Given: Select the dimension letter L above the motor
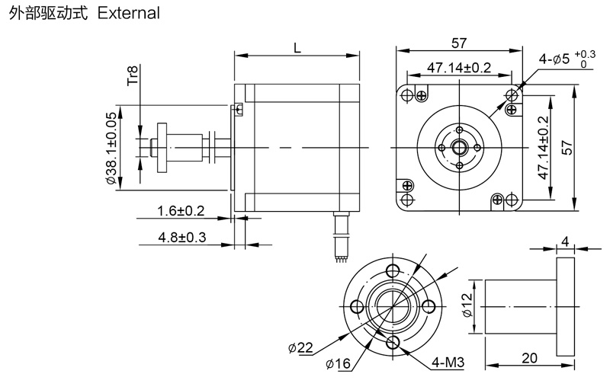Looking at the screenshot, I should [x=297, y=46].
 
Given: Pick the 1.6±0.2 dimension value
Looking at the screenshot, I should [x=181, y=209].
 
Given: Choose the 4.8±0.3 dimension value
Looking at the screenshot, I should [x=182, y=237].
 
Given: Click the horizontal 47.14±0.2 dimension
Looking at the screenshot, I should [x=459, y=67].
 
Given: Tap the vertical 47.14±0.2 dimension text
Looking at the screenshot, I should [x=543, y=148].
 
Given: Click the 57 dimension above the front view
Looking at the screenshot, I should [x=458, y=42].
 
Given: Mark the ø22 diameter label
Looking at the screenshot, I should [x=300, y=348].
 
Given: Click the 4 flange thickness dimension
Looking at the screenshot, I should [x=564, y=241].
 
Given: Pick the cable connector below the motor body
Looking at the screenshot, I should [x=341, y=235].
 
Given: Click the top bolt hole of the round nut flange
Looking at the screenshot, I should [x=393, y=270].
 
